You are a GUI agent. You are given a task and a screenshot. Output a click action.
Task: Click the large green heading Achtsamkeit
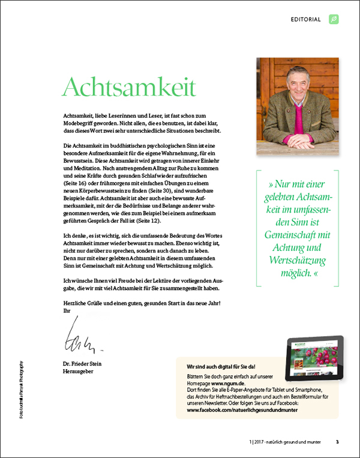coord(129,87)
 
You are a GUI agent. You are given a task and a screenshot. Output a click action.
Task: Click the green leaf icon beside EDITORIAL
coord(334,19)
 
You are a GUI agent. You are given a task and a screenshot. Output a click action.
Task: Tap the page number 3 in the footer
coord(337,442)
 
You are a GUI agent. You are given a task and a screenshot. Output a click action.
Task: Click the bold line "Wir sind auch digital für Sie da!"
coord(221,366)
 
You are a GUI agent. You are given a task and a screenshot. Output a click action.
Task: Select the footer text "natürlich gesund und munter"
coord(293,442)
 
